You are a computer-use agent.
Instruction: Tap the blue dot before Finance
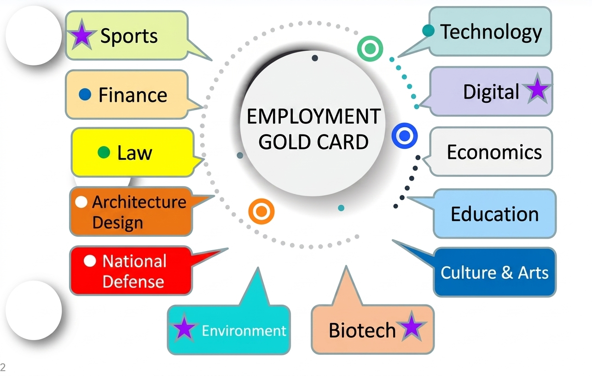[85, 94]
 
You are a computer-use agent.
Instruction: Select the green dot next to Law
[104, 152]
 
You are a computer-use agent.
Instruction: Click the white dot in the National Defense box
[90, 261]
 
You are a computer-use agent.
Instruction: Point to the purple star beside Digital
[538, 89]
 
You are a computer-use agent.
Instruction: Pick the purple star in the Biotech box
[412, 327]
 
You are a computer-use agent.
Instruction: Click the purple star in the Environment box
[184, 328]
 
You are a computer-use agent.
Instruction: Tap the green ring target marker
[370, 49]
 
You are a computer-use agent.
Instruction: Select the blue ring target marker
[404, 135]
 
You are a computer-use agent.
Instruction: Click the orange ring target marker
[261, 211]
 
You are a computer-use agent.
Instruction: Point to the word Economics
[494, 152]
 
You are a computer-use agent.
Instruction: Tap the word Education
[495, 214]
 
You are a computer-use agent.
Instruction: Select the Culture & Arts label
[494, 272]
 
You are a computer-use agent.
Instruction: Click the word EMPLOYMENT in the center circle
[313, 117]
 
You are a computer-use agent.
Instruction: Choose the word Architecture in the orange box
[139, 202]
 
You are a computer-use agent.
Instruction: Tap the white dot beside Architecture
[81, 202]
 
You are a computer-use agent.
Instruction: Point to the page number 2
[3, 367]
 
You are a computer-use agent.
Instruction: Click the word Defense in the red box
[133, 281]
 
